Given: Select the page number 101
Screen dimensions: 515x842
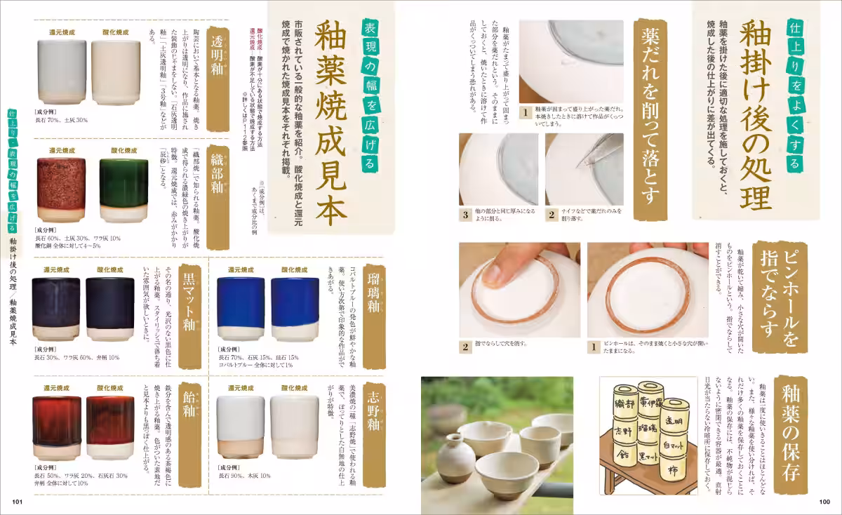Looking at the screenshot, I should coord(18,501).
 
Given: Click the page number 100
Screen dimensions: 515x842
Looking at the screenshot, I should coord(824,501).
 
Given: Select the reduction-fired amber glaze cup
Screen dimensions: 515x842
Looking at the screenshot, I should coord(55,425).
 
